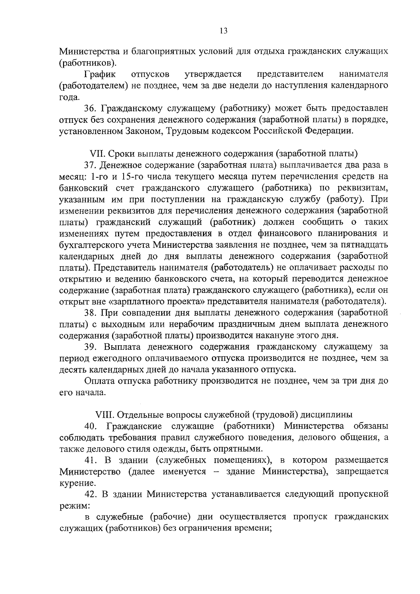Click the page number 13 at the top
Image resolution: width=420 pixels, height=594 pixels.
[224, 31]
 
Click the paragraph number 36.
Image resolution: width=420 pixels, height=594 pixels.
[90, 108]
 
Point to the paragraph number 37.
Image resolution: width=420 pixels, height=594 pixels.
[90, 165]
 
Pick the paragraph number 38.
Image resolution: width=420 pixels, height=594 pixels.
[90, 312]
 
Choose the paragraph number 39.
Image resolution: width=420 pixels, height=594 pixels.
[90, 347]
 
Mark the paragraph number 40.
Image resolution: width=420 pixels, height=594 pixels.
[90, 426]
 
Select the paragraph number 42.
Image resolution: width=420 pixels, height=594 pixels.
[90, 494]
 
